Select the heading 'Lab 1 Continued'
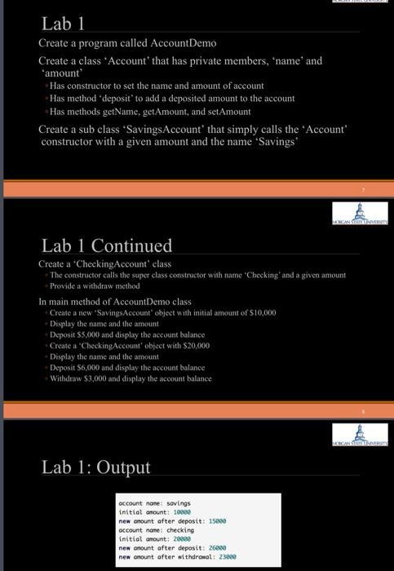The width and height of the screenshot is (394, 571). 107,245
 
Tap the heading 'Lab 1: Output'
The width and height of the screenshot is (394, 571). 96,467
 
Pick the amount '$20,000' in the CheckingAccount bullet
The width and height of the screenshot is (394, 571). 193,346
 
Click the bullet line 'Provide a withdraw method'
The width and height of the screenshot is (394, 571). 95,286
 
